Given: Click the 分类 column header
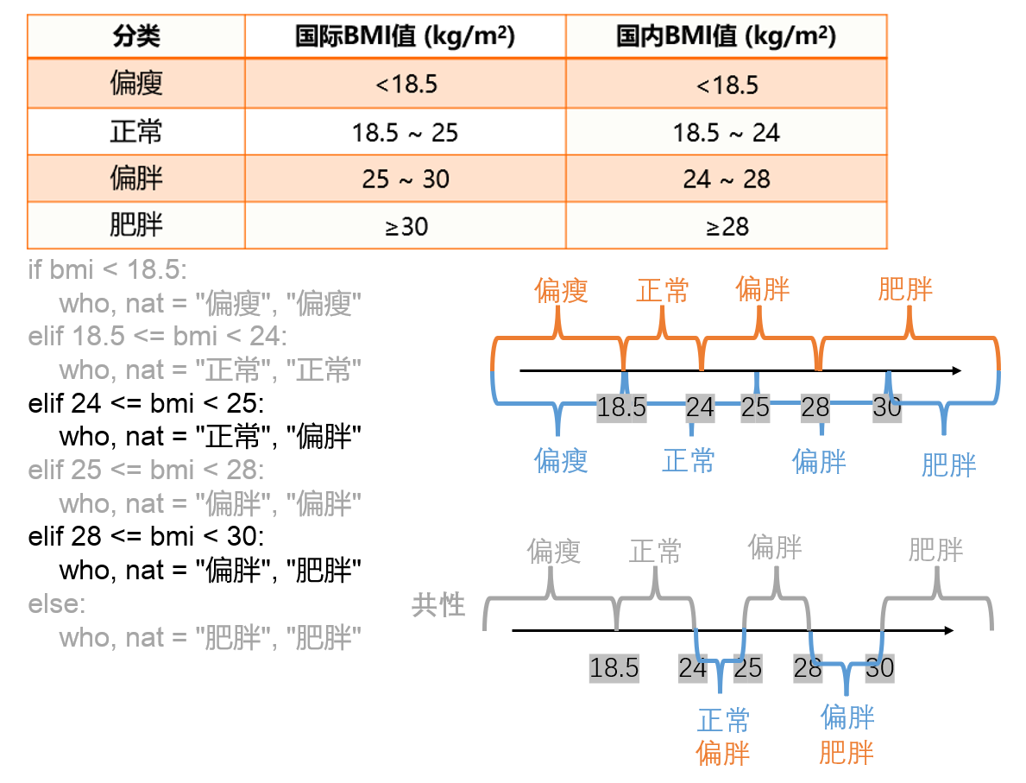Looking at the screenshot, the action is click(x=136, y=36).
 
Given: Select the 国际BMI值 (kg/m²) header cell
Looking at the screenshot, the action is click(x=405, y=36).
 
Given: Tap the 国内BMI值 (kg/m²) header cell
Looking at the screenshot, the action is click(x=726, y=36).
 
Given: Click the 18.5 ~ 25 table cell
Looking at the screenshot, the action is click(x=405, y=132).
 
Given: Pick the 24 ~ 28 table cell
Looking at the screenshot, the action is click(x=726, y=179).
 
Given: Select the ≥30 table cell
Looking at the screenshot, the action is click(x=405, y=226).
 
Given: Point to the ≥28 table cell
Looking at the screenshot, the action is click(x=726, y=226).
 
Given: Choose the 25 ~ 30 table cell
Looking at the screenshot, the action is click(x=405, y=179).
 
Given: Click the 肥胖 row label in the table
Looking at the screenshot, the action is click(x=136, y=226).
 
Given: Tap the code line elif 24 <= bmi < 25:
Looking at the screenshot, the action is click(x=147, y=403).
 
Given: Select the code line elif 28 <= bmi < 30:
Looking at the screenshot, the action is click(x=147, y=536).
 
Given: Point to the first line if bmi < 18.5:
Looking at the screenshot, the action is click(x=107, y=269).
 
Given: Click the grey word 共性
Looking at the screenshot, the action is click(x=438, y=605).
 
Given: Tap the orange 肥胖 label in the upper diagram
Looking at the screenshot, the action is click(x=905, y=289).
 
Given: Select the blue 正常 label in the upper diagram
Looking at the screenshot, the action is click(x=689, y=461).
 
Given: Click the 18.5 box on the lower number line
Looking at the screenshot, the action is click(x=614, y=667).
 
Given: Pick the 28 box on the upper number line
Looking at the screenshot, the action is click(x=815, y=407).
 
